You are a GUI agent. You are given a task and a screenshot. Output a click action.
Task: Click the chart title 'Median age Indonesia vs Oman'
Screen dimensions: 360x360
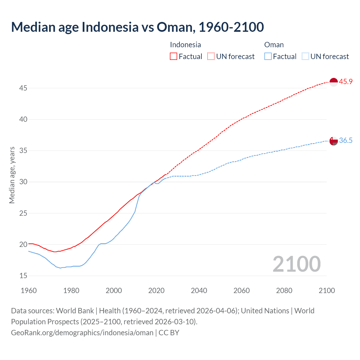tap(137, 27)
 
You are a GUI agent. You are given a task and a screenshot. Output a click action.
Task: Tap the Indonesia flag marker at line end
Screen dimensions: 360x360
tap(333, 82)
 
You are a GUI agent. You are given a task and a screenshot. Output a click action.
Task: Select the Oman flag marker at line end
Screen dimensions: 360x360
tap(333, 141)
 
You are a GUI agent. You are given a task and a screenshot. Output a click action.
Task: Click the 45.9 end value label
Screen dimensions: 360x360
tap(346, 82)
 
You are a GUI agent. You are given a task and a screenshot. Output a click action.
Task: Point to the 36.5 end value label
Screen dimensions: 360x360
tap(346, 141)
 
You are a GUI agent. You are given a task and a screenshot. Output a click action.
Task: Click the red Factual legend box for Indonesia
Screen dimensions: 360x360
tap(174, 57)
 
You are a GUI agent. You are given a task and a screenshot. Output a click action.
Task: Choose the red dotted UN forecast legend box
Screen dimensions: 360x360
tap(211, 57)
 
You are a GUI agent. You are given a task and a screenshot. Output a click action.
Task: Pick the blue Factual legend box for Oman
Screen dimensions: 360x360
tap(268, 57)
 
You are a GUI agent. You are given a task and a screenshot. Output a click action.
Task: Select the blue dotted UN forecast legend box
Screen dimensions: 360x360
tap(305, 57)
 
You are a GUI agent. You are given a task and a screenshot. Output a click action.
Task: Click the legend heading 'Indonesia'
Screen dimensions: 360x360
tap(185, 45)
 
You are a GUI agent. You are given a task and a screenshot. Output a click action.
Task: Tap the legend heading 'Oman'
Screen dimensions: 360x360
tap(274, 45)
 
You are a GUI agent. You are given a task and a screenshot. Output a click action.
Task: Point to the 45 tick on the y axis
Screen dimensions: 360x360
tap(23, 88)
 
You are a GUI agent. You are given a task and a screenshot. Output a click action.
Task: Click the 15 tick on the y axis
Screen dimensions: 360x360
tap(23, 276)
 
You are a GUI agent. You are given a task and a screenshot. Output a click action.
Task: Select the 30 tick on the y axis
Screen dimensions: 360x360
tap(23, 182)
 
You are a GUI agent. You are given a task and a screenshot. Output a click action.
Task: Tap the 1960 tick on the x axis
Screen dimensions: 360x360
tap(29, 291)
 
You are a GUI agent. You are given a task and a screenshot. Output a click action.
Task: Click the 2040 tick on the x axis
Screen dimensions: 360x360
tap(199, 291)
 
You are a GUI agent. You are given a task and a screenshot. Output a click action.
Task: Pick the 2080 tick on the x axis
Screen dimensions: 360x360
tap(284, 291)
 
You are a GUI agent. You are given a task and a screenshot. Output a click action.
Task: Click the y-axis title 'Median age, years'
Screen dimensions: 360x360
tap(12, 175)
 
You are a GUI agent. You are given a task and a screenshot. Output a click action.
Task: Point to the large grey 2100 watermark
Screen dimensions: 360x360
tap(296, 264)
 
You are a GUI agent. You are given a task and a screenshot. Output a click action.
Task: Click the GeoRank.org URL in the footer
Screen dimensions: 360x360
tap(82, 333)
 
